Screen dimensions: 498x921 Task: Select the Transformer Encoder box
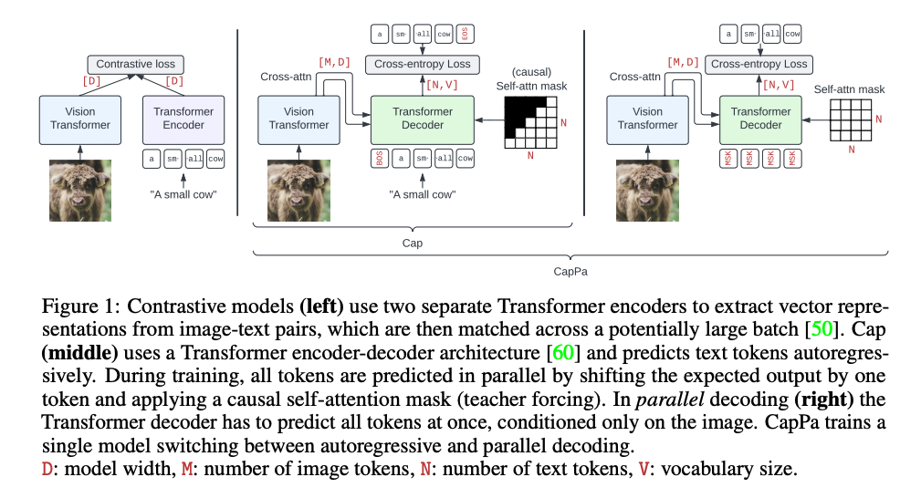(183, 119)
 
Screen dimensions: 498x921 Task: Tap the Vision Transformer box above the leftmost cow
(80, 119)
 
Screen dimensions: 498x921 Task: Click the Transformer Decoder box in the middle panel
(423, 119)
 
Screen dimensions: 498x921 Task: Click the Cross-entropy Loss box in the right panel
(759, 64)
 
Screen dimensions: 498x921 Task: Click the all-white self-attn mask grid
(850, 119)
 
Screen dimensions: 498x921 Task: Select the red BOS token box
(378, 159)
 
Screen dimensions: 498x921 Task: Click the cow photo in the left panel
(80, 191)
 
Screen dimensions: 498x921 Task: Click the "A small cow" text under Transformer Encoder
(183, 193)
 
